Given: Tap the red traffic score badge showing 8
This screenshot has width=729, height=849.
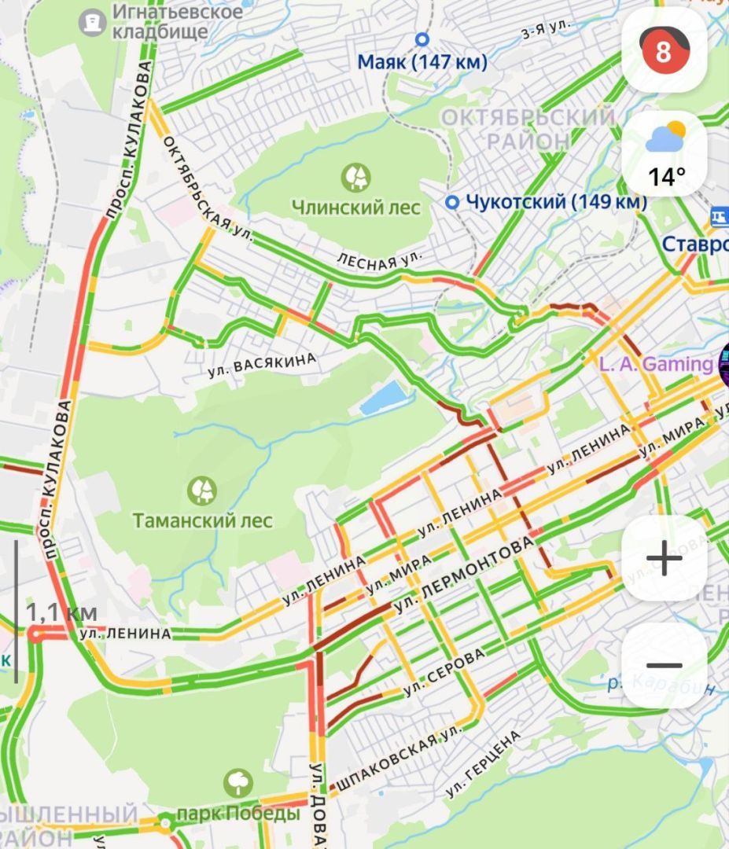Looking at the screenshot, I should tap(664, 51).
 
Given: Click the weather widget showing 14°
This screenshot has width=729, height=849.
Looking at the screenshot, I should tap(665, 155).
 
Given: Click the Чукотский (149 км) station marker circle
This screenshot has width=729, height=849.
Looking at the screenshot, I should tap(452, 203).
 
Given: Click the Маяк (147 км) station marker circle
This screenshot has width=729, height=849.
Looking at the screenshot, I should tap(422, 39).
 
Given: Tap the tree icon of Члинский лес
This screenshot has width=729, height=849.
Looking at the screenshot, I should tap(355, 177).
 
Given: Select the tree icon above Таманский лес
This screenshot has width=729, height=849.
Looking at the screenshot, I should tap(202, 491).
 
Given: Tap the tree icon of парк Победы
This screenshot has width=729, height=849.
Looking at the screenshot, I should tap(237, 783).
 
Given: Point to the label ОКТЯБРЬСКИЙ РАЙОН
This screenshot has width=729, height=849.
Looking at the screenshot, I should tap(527, 130).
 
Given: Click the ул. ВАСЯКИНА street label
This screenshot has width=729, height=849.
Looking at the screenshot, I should tap(263, 367).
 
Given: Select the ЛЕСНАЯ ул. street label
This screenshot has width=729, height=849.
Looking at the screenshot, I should tap(379, 260).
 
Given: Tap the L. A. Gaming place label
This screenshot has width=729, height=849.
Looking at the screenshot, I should tap(655, 364).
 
